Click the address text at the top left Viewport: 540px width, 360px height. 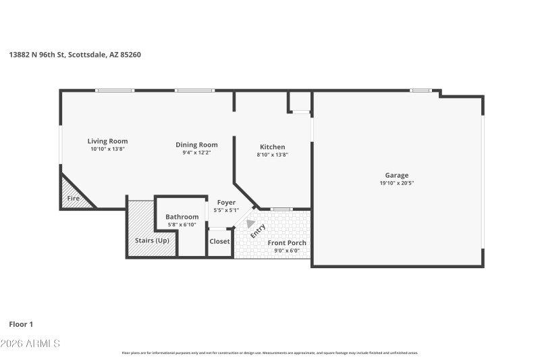pyautogui.click(x=75, y=55)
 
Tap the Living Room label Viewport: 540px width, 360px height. pyautogui.click(x=107, y=141)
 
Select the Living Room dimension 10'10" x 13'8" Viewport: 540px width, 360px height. pyautogui.click(x=107, y=149)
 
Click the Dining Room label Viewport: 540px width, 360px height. pyautogui.click(x=196, y=145)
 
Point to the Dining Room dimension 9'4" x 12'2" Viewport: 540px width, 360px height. pyautogui.click(x=196, y=153)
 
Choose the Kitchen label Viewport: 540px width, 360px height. pyautogui.click(x=273, y=147)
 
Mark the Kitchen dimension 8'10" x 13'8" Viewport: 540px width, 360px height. pyautogui.click(x=273, y=155)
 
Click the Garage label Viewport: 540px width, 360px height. pyautogui.click(x=397, y=175)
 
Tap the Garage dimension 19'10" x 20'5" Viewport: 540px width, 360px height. pyautogui.click(x=397, y=183)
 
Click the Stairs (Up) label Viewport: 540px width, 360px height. pyautogui.click(x=153, y=240)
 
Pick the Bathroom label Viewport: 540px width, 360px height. pyautogui.click(x=182, y=217)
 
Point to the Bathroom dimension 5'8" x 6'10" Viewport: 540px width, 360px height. pyautogui.click(x=182, y=224)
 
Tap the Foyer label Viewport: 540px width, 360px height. pyautogui.click(x=226, y=203)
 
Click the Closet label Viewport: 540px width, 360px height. pyautogui.click(x=219, y=241)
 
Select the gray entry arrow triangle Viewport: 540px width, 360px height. pyautogui.click(x=250, y=224)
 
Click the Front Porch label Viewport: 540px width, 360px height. pyautogui.click(x=287, y=242)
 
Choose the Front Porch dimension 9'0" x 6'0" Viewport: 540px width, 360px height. pyautogui.click(x=287, y=251)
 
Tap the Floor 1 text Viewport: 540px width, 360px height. pyautogui.click(x=21, y=324)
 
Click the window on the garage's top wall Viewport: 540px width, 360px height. pyautogui.click(x=421, y=91)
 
